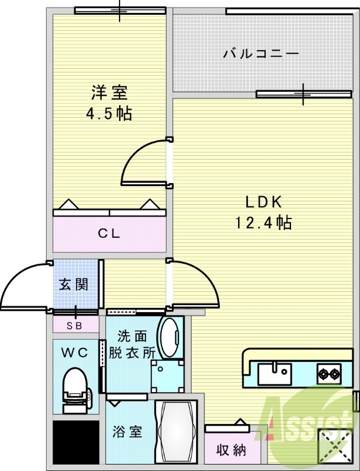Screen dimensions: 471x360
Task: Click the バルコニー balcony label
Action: tap(261, 54)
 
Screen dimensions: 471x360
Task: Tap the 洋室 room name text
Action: tap(108, 92)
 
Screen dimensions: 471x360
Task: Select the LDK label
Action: tap(265, 202)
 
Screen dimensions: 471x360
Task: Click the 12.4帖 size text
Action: tap(263, 223)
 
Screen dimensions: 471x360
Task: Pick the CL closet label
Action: tap(108, 233)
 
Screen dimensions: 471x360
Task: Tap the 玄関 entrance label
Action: tap(73, 284)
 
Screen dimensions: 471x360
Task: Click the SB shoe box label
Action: tap(75, 325)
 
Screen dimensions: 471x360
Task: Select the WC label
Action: tap(75, 353)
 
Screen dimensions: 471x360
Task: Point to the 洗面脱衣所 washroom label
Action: tap(133, 344)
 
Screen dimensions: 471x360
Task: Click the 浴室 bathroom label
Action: tap(127, 432)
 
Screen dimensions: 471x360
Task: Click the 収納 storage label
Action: tap(230, 450)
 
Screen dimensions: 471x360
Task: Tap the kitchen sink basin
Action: tap(274, 373)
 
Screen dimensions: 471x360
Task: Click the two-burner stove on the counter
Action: tap(329, 373)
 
